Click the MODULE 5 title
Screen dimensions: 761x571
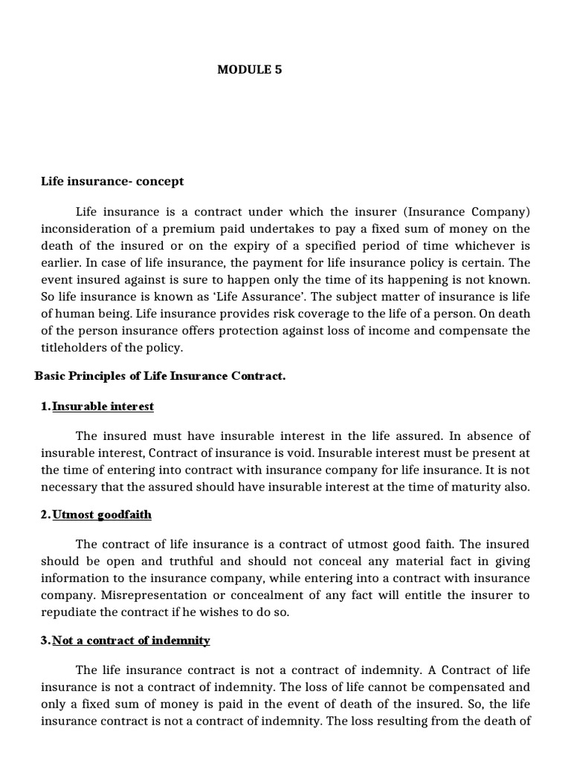pyautogui.click(x=249, y=70)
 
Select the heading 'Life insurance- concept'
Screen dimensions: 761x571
pyautogui.click(x=112, y=181)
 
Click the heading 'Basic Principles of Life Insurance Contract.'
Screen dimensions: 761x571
pyautogui.click(x=160, y=376)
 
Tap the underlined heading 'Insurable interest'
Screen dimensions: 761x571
pyautogui.click(x=103, y=407)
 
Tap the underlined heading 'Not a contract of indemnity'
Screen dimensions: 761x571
pyautogui.click(x=131, y=640)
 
